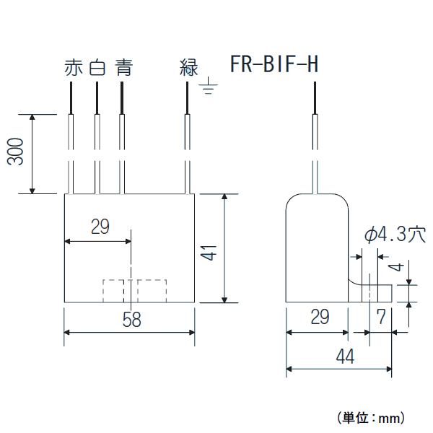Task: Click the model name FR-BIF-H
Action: (274, 66)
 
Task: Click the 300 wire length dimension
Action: (20, 153)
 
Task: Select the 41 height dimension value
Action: (209, 254)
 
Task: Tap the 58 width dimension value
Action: (131, 320)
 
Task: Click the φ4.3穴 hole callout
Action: (395, 235)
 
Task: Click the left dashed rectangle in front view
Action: (114, 291)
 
